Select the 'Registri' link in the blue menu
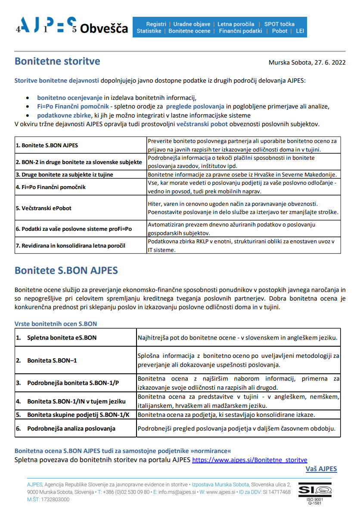(x=156, y=24)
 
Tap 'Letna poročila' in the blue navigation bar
(x=236, y=24)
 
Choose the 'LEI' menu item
(x=300, y=31)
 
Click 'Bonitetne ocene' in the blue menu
(x=189, y=31)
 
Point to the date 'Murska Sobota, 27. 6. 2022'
(x=307, y=62)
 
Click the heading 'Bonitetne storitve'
(x=57, y=61)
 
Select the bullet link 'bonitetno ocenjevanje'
(x=69, y=98)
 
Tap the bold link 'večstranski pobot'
(x=205, y=124)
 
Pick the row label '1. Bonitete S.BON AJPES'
(x=47, y=146)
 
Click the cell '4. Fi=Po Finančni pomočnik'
(x=51, y=187)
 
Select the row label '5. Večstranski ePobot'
(x=43, y=208)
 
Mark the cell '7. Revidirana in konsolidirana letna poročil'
(x=71, y=246)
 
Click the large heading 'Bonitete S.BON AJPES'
(x=66, y=271)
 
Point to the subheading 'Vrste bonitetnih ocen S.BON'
(x=56, y=324)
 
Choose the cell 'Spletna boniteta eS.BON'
(x=62, y=338)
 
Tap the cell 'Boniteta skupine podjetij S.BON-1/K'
(x=78, y=415)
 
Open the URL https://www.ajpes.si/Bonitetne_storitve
(x=249, y=460)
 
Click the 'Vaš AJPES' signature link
(x=321, y=469)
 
